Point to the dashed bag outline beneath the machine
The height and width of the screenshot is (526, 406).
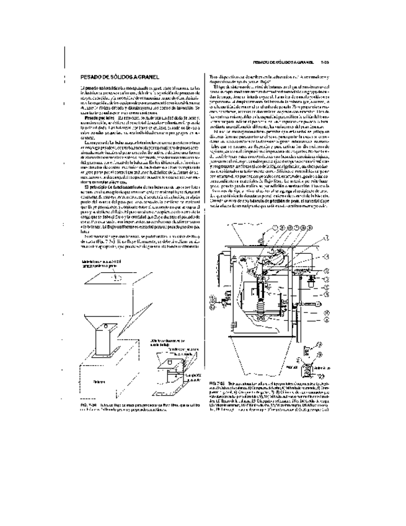(x=267, y=366)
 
